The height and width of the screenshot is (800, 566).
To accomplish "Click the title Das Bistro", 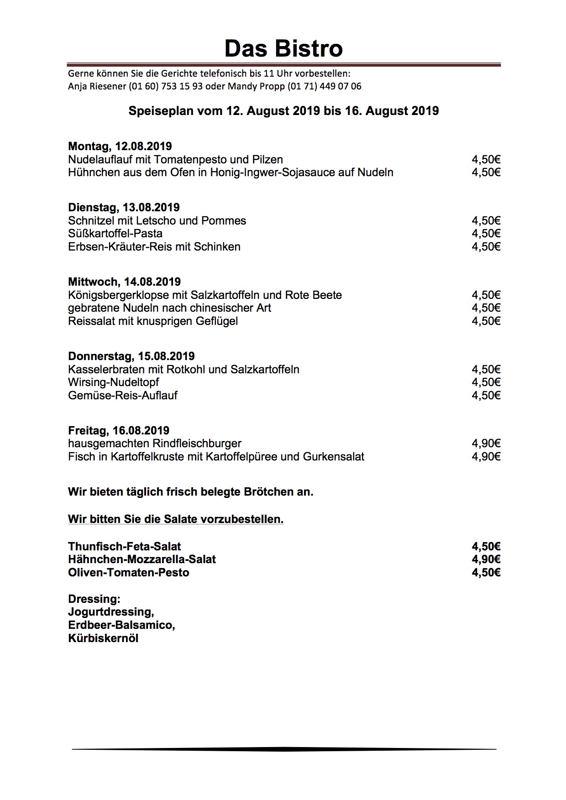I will [283, 48].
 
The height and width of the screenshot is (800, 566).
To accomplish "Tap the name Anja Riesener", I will [97, 86].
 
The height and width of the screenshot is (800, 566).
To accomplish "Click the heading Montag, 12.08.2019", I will [120, 146].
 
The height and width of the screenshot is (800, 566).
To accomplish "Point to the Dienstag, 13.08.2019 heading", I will [124, 208].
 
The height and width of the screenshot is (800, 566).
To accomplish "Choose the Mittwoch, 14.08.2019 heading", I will [124, 282].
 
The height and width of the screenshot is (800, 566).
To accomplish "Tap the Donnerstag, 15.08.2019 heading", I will [131, 356].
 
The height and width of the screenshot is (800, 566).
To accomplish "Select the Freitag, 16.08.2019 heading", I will [119, 431].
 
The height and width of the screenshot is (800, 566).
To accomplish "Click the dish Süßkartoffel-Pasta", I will [115, 234].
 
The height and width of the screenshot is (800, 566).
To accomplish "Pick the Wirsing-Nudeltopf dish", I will [113, 382].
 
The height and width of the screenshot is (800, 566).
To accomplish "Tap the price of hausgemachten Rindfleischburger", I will [486, 444].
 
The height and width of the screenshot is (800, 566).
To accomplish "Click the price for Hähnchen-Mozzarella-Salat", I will [486, 559].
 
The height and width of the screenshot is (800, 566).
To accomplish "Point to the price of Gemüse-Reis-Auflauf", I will [486, 396].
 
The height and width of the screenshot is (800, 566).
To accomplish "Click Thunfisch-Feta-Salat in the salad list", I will [124, 547].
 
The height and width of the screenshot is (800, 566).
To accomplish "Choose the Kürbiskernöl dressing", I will [103, 638].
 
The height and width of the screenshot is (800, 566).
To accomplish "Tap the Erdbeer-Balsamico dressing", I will [121, 625].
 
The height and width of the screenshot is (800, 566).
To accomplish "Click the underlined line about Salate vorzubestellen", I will [176, 519].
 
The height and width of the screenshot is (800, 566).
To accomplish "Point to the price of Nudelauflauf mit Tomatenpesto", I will [486, 160].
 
